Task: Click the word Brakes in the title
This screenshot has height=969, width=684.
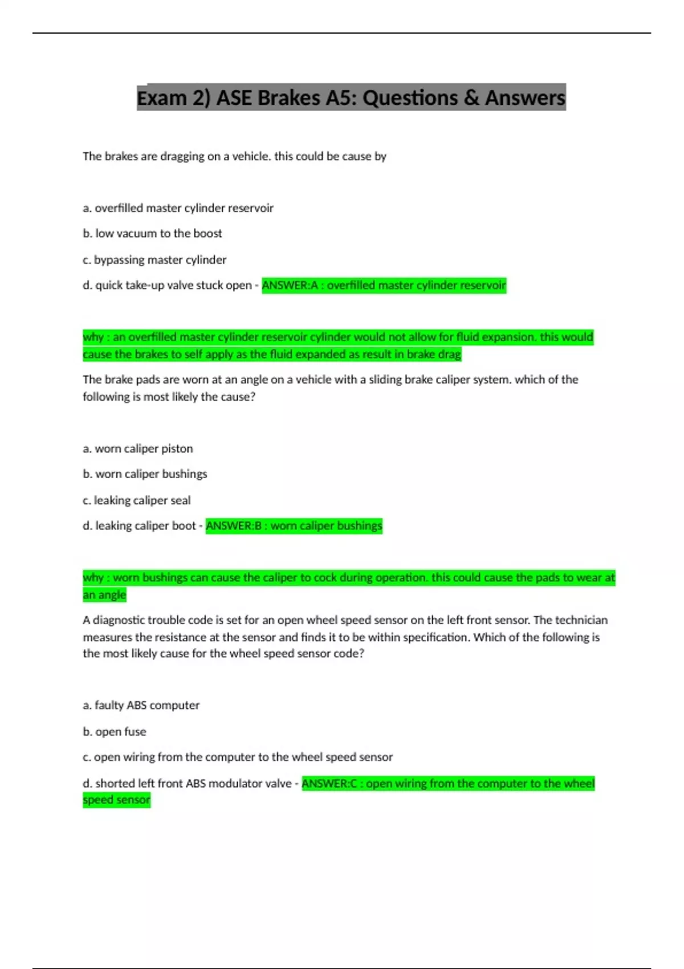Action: (289, 98)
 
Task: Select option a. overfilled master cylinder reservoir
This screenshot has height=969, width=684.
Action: (178, 208)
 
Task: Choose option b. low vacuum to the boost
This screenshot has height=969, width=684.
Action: (152, 233)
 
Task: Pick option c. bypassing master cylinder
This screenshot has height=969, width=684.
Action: (154, 259)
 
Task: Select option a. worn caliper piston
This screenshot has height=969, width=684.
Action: (138, 449)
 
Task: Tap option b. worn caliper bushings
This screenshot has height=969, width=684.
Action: (145, 474)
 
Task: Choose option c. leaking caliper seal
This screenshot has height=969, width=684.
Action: (137, 500)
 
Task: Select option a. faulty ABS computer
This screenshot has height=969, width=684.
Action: (141, 705)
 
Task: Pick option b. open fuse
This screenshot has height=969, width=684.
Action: (115, 731)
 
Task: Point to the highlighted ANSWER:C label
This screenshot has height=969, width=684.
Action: (329, 783)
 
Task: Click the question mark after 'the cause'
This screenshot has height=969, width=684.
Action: (253, 397)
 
